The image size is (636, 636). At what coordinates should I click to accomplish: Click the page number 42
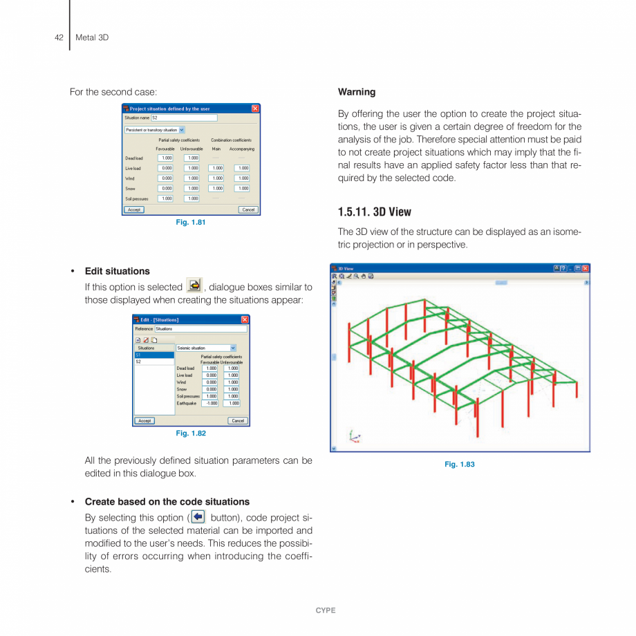click(x=59, y=37)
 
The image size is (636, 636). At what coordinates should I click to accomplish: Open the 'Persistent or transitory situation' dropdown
click(x=182, y=129)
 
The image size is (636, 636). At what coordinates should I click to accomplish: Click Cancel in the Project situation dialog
click(x=248, y=209)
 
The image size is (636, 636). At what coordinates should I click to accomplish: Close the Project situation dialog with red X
click(x=255, y=109)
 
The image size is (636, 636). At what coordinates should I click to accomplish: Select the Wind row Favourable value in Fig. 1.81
click(x=166, y=178)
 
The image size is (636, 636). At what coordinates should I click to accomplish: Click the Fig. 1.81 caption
click(x=191, y=222)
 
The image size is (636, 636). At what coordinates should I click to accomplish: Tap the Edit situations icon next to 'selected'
click(x=194, y=285)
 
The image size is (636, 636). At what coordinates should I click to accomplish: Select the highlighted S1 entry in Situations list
click(x=153, y=355)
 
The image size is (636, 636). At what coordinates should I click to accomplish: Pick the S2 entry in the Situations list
click(x=153, y=362)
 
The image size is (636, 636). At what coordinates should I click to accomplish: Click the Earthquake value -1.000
click(x=209, y=403)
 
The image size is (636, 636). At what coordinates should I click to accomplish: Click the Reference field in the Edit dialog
click(x=200, y=329)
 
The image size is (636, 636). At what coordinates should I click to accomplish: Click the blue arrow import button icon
click(x=198, y=517)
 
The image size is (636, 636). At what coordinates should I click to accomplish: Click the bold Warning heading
click(x=357, y=92)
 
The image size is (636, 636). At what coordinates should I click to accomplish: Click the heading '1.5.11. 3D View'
click(x=374, y=212)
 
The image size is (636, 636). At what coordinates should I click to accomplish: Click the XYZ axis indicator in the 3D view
click(x=354, y=436)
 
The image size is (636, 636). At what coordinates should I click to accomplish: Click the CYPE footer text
click(x=326, y=610)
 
